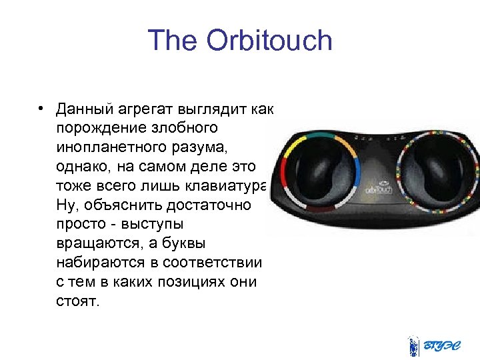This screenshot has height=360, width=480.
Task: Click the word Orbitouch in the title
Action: (x=269, y=41)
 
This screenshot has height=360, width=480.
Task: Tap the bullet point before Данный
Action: (x=41, y=109)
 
